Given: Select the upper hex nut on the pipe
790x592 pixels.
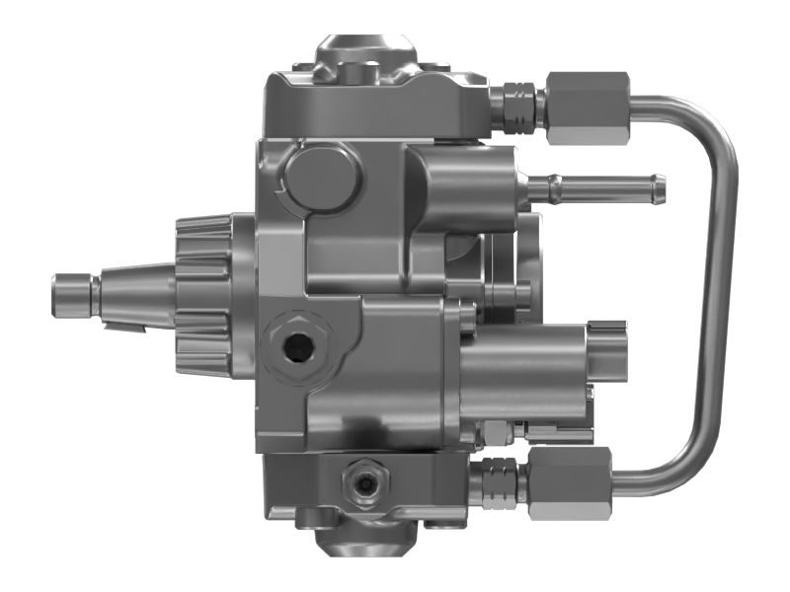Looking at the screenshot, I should (587, 108).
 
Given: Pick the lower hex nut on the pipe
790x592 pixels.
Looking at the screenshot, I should (570, 482).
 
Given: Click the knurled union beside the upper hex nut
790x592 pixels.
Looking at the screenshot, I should (515, 107).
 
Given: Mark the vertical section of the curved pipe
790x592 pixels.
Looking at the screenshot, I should (723, 296).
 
